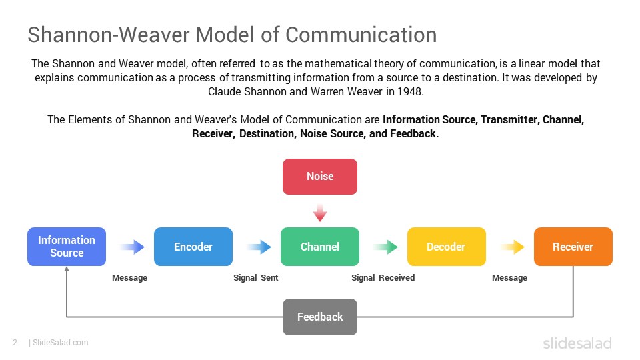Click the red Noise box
[320, 177]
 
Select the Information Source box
[67, 247]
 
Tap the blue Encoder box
[193, 247]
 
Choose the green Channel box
[320, 247]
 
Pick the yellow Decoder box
[446, 247]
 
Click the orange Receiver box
[573, 247]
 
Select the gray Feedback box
[320, 317]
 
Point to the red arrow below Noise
[320, 213]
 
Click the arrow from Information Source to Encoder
[133, 247]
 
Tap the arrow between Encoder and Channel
[259, 247]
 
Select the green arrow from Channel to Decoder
[386, 247]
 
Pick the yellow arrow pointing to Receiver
[513, 247]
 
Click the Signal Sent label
[255, 278]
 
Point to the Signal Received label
[383, 278]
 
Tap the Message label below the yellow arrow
[509, 278]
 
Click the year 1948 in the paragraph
[409, 91]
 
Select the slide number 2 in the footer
[14, 343]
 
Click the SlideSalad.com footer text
[60, 343]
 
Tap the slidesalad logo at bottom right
[577, 343]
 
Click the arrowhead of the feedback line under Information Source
[67, 270]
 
